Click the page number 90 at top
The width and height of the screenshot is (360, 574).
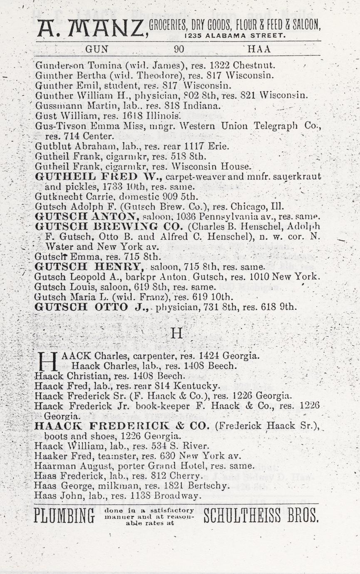tap(179, 49)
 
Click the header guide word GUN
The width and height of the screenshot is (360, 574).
tap(97, 49)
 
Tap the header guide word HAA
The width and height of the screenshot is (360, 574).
tap(259, 49)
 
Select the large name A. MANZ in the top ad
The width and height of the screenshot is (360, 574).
tap(92, 28)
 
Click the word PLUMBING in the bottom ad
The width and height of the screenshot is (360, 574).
tap(64, 516)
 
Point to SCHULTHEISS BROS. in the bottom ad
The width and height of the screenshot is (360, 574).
tap(261, 516)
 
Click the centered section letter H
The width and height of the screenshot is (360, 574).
tap(177, 334)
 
